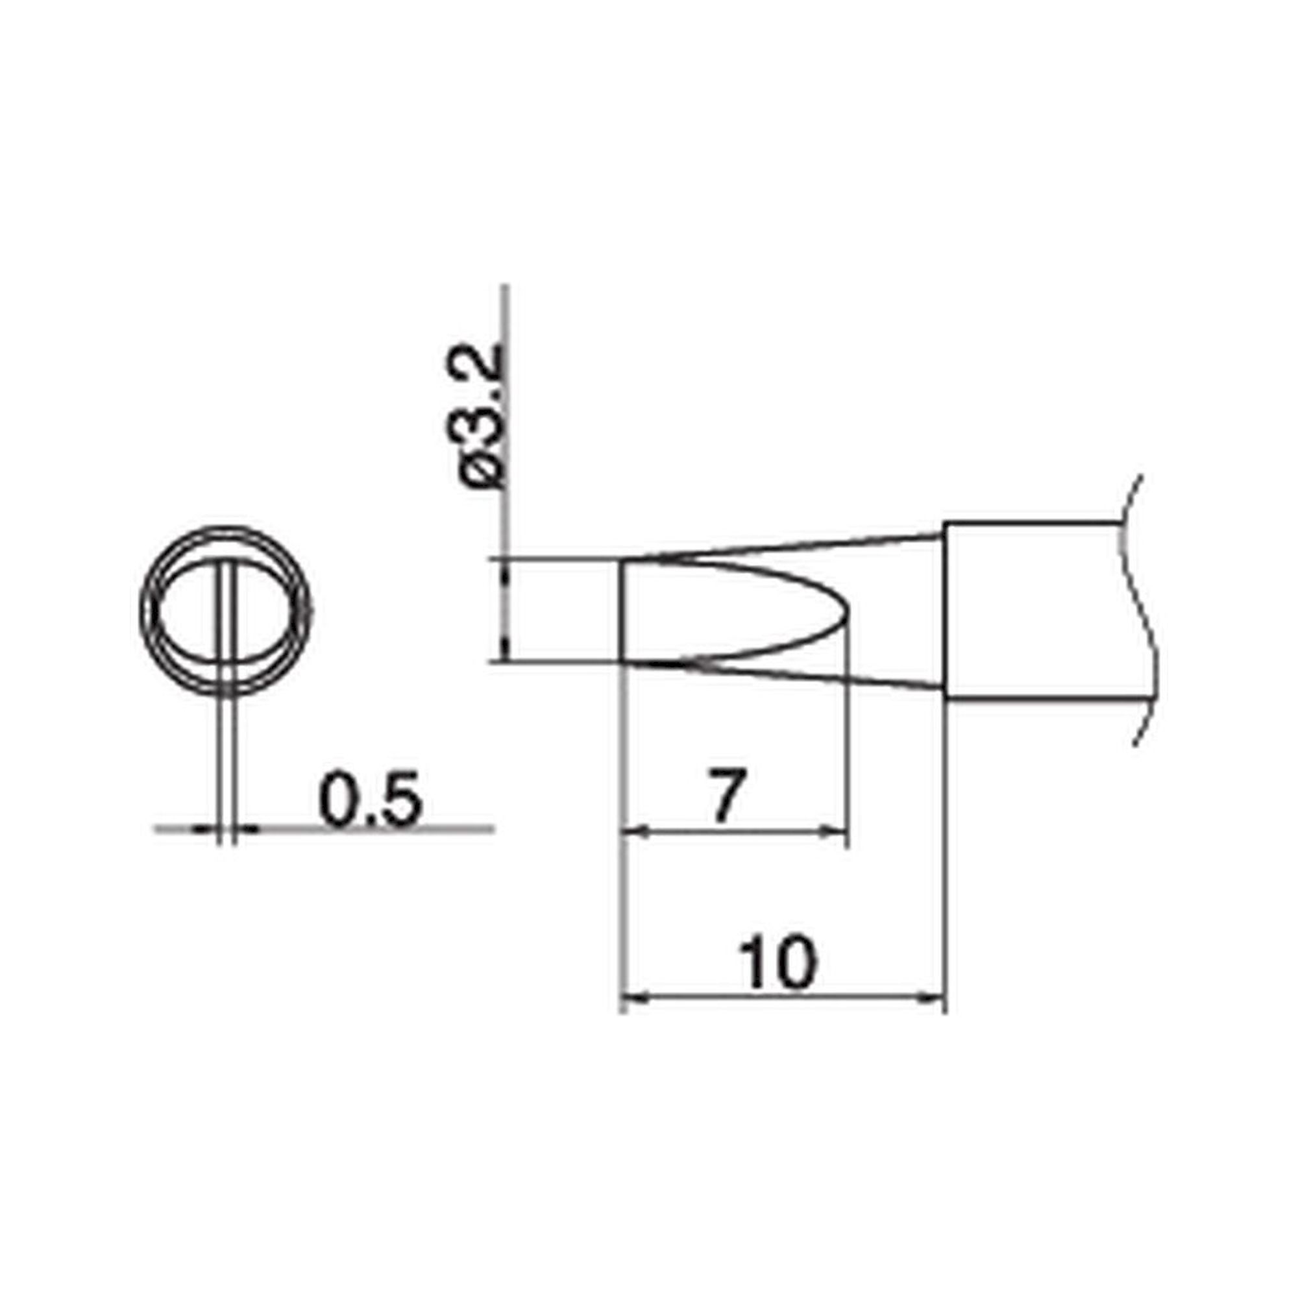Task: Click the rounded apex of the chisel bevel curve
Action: pyautogui.click(x=848, y=611)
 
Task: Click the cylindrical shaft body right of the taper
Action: pyautogui.click(x=1035, y=610)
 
